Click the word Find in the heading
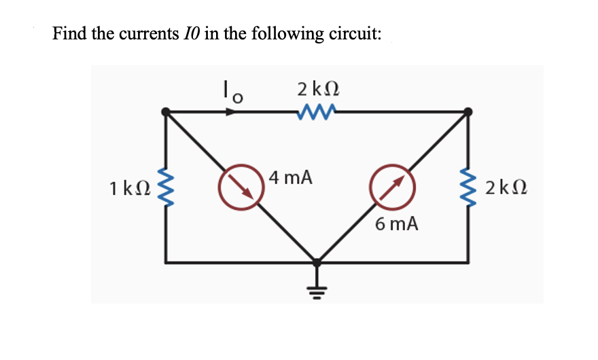[70, 34]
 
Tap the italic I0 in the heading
[190, 34]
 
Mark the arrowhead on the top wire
[232, 111]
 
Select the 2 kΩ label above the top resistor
[318, 89]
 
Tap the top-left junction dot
[165, 111]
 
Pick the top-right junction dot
[468, 111]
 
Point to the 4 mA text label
[290, 178]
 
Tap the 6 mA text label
[396, 223]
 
